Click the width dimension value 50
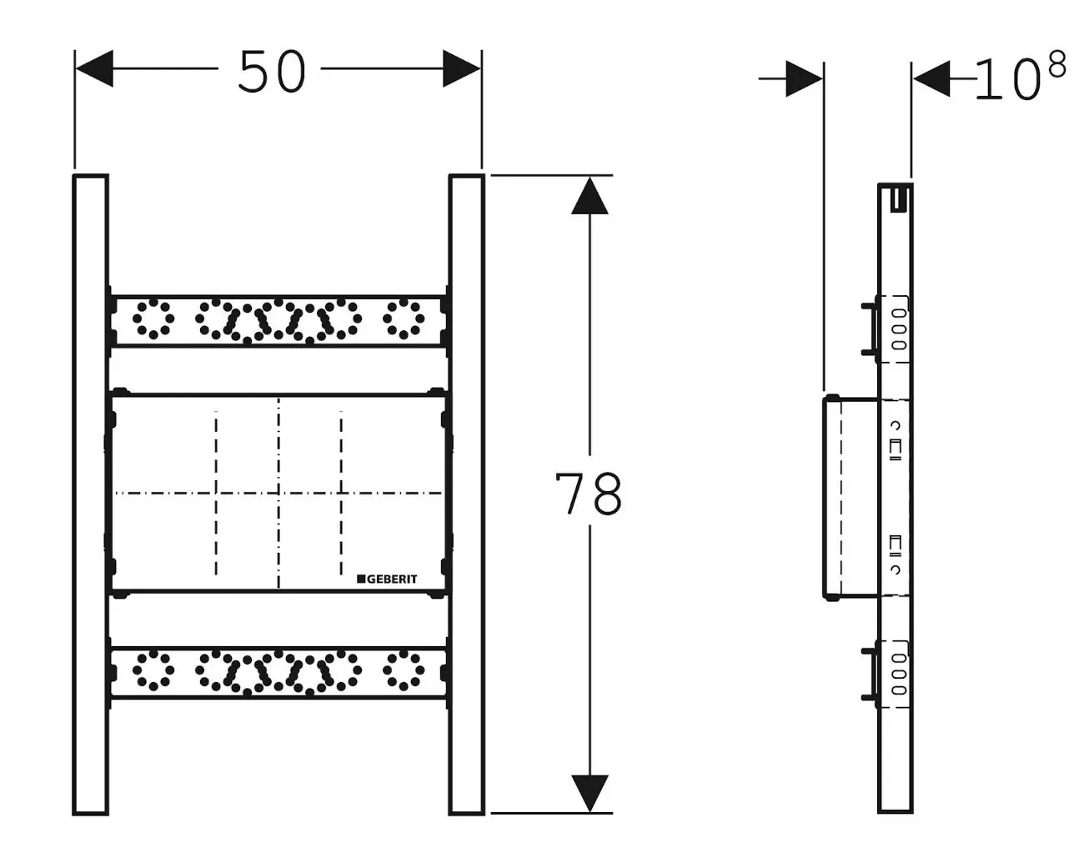272,72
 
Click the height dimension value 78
589,494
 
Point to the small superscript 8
1056,64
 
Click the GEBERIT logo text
388,579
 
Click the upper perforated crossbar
279,319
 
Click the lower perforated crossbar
279,671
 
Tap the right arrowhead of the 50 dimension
462,68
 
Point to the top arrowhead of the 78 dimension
590,196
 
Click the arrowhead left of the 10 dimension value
932,78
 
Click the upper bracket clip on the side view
869,329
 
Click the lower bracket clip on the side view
869,673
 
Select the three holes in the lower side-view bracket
898,674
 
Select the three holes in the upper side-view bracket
898,329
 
